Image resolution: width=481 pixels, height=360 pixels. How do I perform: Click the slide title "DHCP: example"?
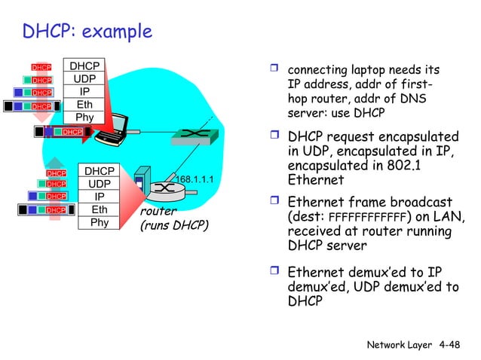click(87, 32)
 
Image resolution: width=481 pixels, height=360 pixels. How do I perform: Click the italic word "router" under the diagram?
click(158, 212)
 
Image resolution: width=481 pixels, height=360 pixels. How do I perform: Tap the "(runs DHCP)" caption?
click(173, 225)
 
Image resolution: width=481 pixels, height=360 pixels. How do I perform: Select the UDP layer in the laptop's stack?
click(85, 78)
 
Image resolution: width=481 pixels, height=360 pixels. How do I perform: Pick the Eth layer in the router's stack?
click(99, 209)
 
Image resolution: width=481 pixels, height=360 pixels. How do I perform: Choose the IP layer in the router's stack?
click(99, 196)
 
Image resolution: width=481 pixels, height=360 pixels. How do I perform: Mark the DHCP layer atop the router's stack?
click(99, 172)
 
